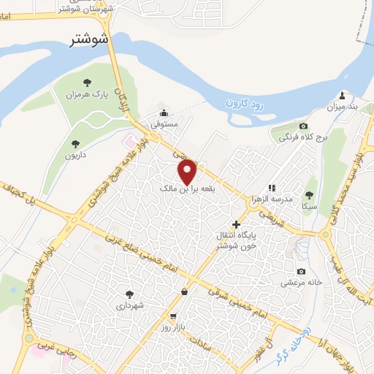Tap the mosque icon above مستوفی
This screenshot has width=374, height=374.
coord(164,113)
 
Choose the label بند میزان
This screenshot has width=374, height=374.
coord(342,107)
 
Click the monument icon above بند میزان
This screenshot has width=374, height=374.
coord(342,95)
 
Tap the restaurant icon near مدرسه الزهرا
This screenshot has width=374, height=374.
coord(271,188)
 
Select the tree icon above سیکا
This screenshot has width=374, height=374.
coord(308,195)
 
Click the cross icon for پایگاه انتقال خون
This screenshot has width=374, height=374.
coord(235,224)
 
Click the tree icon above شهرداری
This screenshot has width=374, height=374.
coord(130,294)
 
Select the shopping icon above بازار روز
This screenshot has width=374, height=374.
coord(183,292)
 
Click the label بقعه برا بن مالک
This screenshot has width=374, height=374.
coord(187,189)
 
